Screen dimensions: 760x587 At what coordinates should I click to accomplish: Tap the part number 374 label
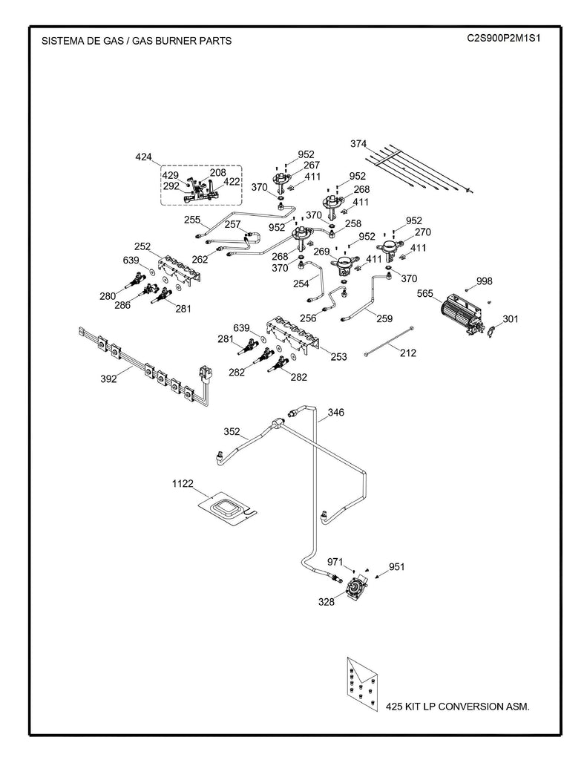click(x=359, y=144)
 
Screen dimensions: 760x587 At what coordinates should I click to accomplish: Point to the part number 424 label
click(x=143, y=157)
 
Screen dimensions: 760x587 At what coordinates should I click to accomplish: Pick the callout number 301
click(x=511, y=320)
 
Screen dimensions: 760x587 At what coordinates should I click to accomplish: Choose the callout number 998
click(x=484, y=281)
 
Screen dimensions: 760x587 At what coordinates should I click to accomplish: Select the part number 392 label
click(x=109, y=379)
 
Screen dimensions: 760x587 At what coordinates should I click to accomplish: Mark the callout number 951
click(x=396, y=567)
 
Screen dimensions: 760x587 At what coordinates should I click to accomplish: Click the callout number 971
click(x=335, y=563)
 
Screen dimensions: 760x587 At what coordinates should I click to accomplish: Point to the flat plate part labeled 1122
click(x=226, y=509)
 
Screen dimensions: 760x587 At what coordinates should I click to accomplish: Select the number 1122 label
click(x=183, y=483)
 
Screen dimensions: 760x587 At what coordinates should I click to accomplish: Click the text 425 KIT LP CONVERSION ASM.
click(x=457, y=707)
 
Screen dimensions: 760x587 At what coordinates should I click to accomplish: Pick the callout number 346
click(x=336, y=412)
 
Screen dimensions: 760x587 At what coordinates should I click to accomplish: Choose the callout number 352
click(x=232, y=431)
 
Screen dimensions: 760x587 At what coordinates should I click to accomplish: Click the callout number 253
click(x=338, y=357)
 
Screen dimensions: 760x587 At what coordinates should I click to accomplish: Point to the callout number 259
click(x=384, y=319)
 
